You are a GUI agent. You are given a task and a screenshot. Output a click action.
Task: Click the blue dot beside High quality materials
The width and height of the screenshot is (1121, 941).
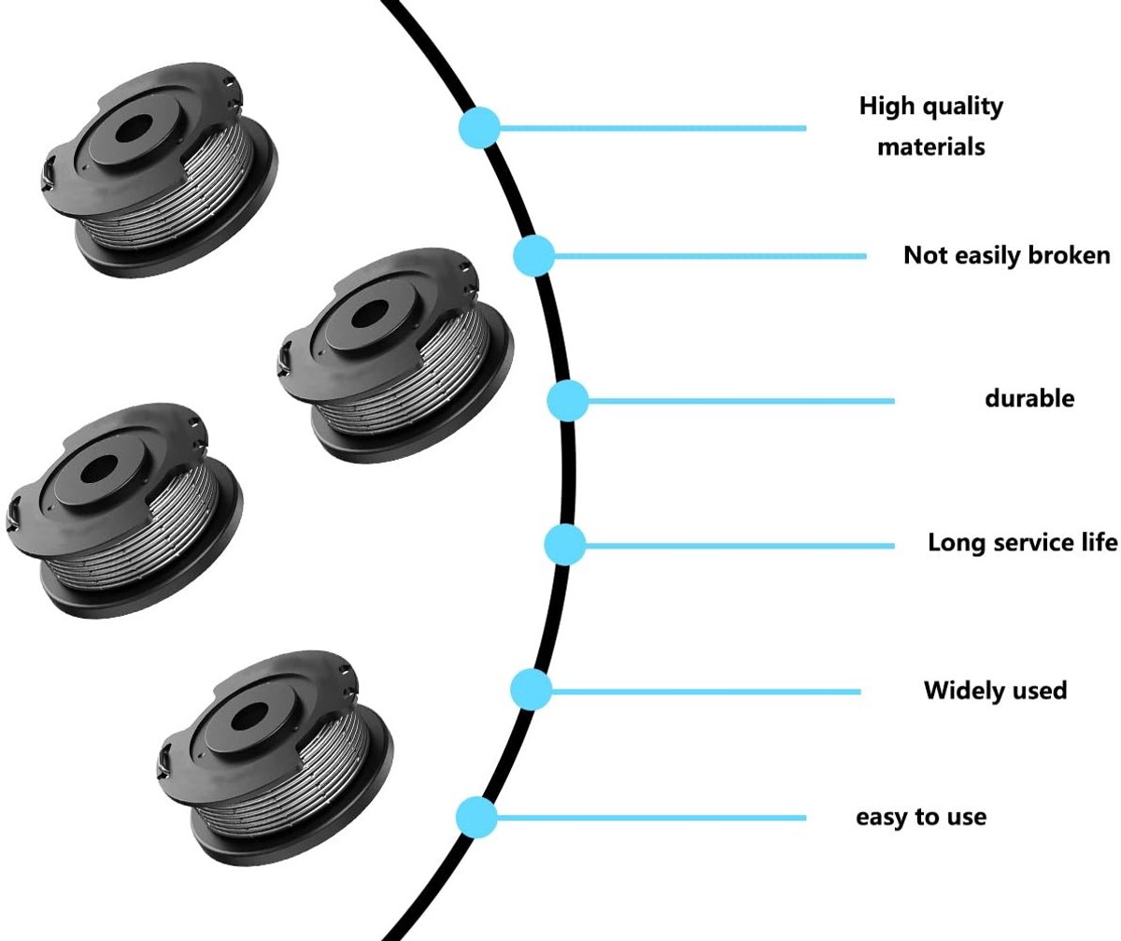(x=479, y=128)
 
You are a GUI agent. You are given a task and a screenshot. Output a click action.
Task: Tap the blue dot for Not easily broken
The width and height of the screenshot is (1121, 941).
(x=534, y=256)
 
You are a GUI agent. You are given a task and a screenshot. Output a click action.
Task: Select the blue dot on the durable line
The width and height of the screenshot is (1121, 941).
(x=568, y=401)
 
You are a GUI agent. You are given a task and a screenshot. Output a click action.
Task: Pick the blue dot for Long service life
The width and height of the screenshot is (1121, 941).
(x=565, y=545)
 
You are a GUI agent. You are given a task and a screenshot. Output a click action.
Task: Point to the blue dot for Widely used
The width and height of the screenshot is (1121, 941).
(x=531, y=690)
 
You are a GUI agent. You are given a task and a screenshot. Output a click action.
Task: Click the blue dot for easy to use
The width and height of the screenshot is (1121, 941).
(x=476, y=818)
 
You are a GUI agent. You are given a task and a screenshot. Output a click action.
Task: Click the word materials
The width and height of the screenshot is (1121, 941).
(x=931, y=147)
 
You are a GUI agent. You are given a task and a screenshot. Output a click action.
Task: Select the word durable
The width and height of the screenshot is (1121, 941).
(x=1029, y=399)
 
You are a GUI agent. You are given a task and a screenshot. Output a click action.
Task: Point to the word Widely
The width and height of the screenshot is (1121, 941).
(x=957, y=691)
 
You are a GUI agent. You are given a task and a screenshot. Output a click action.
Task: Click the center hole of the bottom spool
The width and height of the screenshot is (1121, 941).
(x=249, y=717)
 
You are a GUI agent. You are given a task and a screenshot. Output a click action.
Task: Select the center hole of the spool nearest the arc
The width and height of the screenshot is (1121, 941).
(x=369, y=315)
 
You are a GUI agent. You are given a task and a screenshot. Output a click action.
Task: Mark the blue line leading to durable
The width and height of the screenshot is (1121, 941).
(x=741, y=401)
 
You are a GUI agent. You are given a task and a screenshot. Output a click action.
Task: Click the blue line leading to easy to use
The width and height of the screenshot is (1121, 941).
(x=651, y=818)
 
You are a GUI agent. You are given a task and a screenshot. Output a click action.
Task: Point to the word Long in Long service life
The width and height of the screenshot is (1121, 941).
(x=956, y=544)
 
